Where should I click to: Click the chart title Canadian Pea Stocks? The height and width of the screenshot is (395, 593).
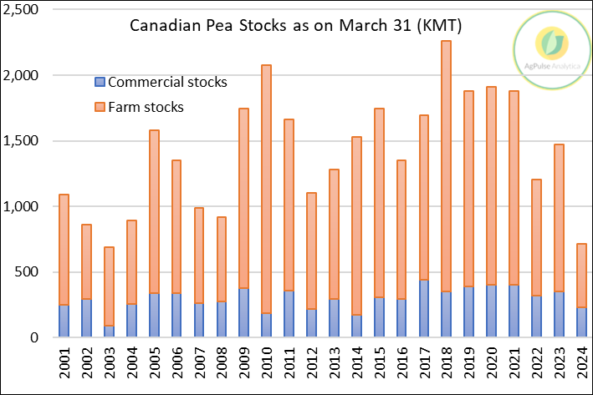296,27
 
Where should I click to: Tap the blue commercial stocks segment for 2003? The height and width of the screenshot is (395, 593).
109,332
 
